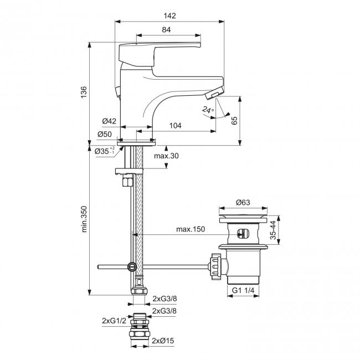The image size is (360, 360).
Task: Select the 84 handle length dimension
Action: tap(166, 30)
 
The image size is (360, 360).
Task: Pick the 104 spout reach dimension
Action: tap(174, 126)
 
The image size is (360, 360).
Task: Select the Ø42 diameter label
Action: tap(109, 121)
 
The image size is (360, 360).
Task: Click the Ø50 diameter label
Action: tap(105, 135)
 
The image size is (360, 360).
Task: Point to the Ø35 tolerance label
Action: tap(105, 151)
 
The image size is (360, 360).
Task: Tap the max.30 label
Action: tap(166, 156)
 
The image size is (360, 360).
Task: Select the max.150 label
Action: tap(189, 229)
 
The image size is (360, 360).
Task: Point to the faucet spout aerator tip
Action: tap(213, 95)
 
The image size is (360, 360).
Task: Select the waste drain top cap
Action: tap(244, 212)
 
